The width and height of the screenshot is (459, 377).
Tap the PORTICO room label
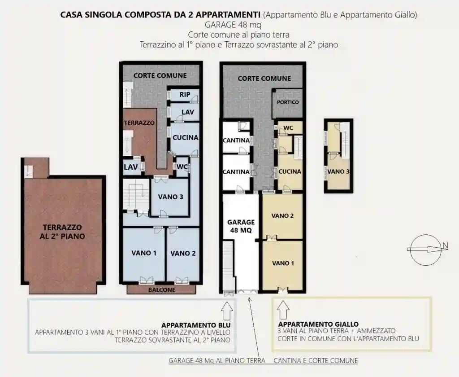coord(288,102)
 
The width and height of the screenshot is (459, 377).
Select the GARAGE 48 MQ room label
coord(241,226)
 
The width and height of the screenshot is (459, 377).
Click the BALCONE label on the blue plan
coord(161,290)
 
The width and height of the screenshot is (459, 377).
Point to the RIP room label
coord(185,95)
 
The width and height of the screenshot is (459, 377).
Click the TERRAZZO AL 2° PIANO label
coord(64,232)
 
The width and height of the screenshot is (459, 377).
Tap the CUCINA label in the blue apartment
coord(185,138)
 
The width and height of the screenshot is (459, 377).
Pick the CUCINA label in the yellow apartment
coord(290,171)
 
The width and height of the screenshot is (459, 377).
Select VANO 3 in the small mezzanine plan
coord(338,171)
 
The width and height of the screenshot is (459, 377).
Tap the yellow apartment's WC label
coord(288,128)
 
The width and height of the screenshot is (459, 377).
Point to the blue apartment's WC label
coord(182,167)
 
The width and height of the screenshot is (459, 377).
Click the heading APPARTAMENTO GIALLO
coord(318,324)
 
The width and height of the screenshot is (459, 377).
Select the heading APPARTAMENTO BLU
coord(196,325)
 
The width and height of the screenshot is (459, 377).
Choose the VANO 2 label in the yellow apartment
coord(282,216)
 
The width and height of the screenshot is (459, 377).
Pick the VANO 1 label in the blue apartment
coord(144,253)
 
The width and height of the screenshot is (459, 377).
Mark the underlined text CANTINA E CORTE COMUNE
coord(316,360)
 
